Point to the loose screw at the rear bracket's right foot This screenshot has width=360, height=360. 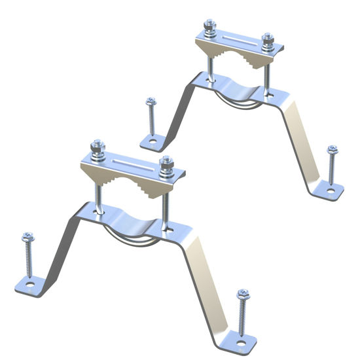point(332,166)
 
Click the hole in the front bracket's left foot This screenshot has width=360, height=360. point(29,285)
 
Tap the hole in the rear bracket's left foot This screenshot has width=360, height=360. point(152,140)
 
